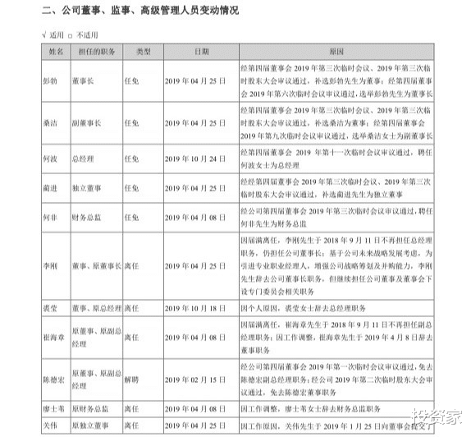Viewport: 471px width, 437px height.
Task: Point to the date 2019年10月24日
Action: [194, 158]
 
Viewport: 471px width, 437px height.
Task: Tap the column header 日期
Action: [195, 51]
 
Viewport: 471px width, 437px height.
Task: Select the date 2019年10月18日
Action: [194, 309]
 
